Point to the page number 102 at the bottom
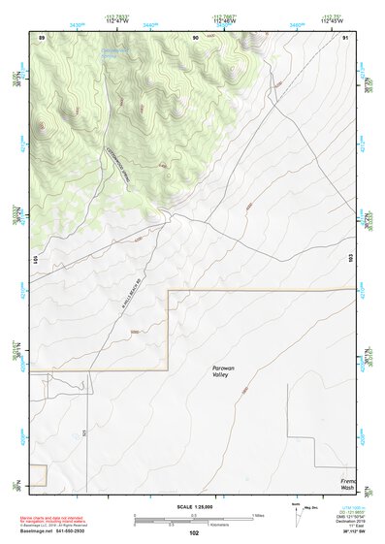(193, 532)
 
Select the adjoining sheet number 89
(42, 36)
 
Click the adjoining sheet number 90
(195, 36)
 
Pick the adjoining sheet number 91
(345, 36)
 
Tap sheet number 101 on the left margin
(34, 260)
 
